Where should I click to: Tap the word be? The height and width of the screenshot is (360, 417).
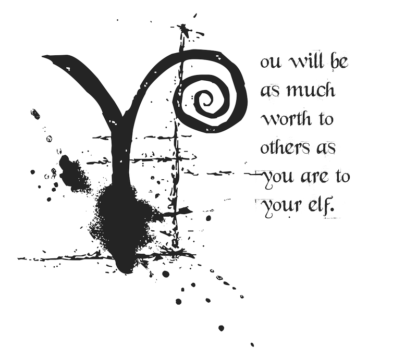tap(339, 61)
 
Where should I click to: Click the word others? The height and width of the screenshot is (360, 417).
tap(285, 147)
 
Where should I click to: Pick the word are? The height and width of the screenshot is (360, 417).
tap(314, 177)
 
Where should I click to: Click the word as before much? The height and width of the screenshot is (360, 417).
tap(269, 91)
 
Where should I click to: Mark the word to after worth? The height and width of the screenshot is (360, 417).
tap(325, 119)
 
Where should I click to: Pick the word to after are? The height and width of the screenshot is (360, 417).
tap(342, 176)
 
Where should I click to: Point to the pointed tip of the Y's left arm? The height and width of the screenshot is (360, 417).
tap(43, 57)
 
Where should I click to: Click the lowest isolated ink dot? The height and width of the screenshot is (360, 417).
tap(252, 345)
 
